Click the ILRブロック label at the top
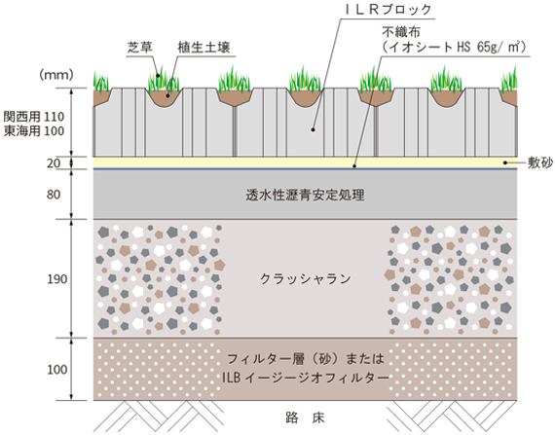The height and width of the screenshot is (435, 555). [x=388, y=10]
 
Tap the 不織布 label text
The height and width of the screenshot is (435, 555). [x=401, y=32]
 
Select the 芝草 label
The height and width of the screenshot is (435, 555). [x=139, y=47]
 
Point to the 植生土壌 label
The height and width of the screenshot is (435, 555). [x=203, y=47]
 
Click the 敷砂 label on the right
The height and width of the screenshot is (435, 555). [x=540, y=163]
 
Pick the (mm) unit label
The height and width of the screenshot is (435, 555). [x=56, y=75]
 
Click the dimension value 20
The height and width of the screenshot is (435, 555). [x=54, y=163]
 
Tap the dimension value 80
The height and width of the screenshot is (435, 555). [x=54, y=195]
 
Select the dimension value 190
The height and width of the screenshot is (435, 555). [x=57, y=279]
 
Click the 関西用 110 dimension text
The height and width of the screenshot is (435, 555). [x=34, y=117]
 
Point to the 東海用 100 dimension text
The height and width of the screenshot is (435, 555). [x=34, y=131]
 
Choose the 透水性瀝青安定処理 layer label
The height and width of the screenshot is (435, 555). [x=305, y=195]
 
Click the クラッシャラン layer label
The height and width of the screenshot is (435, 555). [x=306, y=279]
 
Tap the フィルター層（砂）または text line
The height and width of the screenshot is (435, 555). [x=306, y=359]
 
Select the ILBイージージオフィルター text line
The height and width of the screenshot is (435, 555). [x=306, y=378]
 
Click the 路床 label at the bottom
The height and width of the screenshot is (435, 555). [x=305, y=417]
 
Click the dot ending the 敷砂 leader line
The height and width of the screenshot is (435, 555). [x=505, y=163]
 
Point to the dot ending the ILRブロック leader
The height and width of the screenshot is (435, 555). [x=313, y=129]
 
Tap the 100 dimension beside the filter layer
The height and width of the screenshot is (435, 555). [x=57, y=370]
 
